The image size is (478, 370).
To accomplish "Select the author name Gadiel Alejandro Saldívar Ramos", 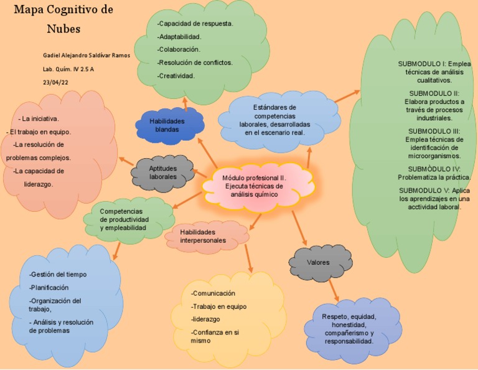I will click(87, 55).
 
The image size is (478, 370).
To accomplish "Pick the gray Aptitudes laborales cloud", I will click(163, 173).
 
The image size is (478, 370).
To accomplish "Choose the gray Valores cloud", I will click(319, 262).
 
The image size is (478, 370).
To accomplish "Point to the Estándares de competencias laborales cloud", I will click(274, 120).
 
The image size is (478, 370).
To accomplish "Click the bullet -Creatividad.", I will click(176, 76).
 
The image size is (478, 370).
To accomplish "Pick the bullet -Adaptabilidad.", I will click(179, 36).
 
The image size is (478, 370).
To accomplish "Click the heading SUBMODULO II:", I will click(434, 93).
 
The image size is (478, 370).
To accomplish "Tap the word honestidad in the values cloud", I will click(348, 325).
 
